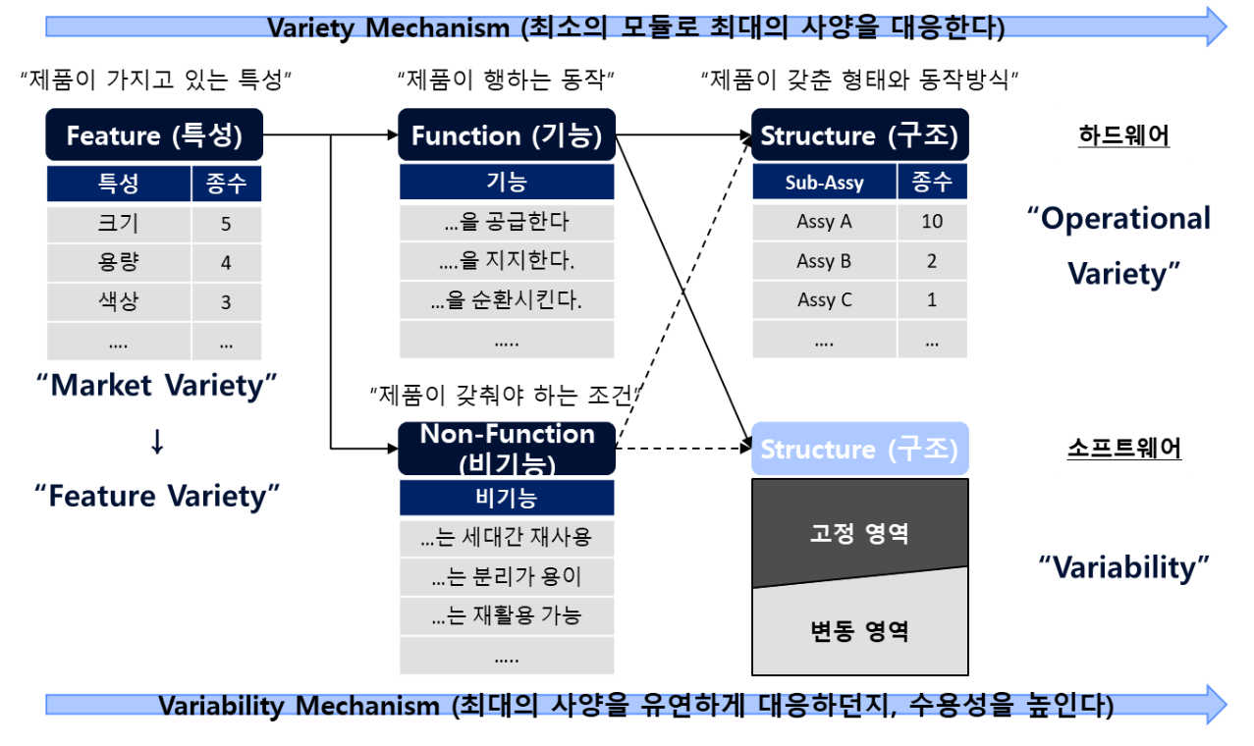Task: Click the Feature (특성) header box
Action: [154, 134]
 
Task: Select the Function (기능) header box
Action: [507, 134]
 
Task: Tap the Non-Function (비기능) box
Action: [507, 449]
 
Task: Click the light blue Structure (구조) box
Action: [860, 449]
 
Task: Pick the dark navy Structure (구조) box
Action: [860, 134]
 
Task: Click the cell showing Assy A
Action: [824, 222]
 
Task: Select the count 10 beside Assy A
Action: [932, 222]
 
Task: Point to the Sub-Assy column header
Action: [824, 182]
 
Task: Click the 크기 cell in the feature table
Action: [118, 224]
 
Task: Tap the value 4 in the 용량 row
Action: [226, 263]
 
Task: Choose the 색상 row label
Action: [118, 302]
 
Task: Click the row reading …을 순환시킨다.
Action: [507, 300]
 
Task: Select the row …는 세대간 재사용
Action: [507, 538]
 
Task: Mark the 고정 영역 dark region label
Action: [859, 533]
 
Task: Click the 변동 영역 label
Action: [859, 631]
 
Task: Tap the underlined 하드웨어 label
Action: [1123, 135]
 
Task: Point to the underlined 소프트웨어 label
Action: [1124, 449]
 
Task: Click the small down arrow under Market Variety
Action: [157, 442]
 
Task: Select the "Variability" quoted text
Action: [1124, 567]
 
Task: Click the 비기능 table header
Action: [507, 498]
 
